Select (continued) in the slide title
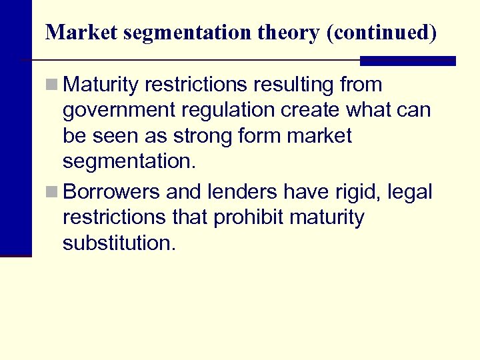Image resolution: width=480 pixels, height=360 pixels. pyautogui.click(x=381, y=33)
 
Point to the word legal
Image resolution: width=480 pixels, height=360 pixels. pyautogui.click(x=409, y=193)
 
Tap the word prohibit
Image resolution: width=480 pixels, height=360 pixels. pyautogui.click(x=249, y=218)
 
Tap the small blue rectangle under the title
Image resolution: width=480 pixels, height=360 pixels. pyautogui.click(x=407, y=61)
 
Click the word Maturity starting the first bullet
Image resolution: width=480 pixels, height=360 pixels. pyautogui.click(x=101, y=85)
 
